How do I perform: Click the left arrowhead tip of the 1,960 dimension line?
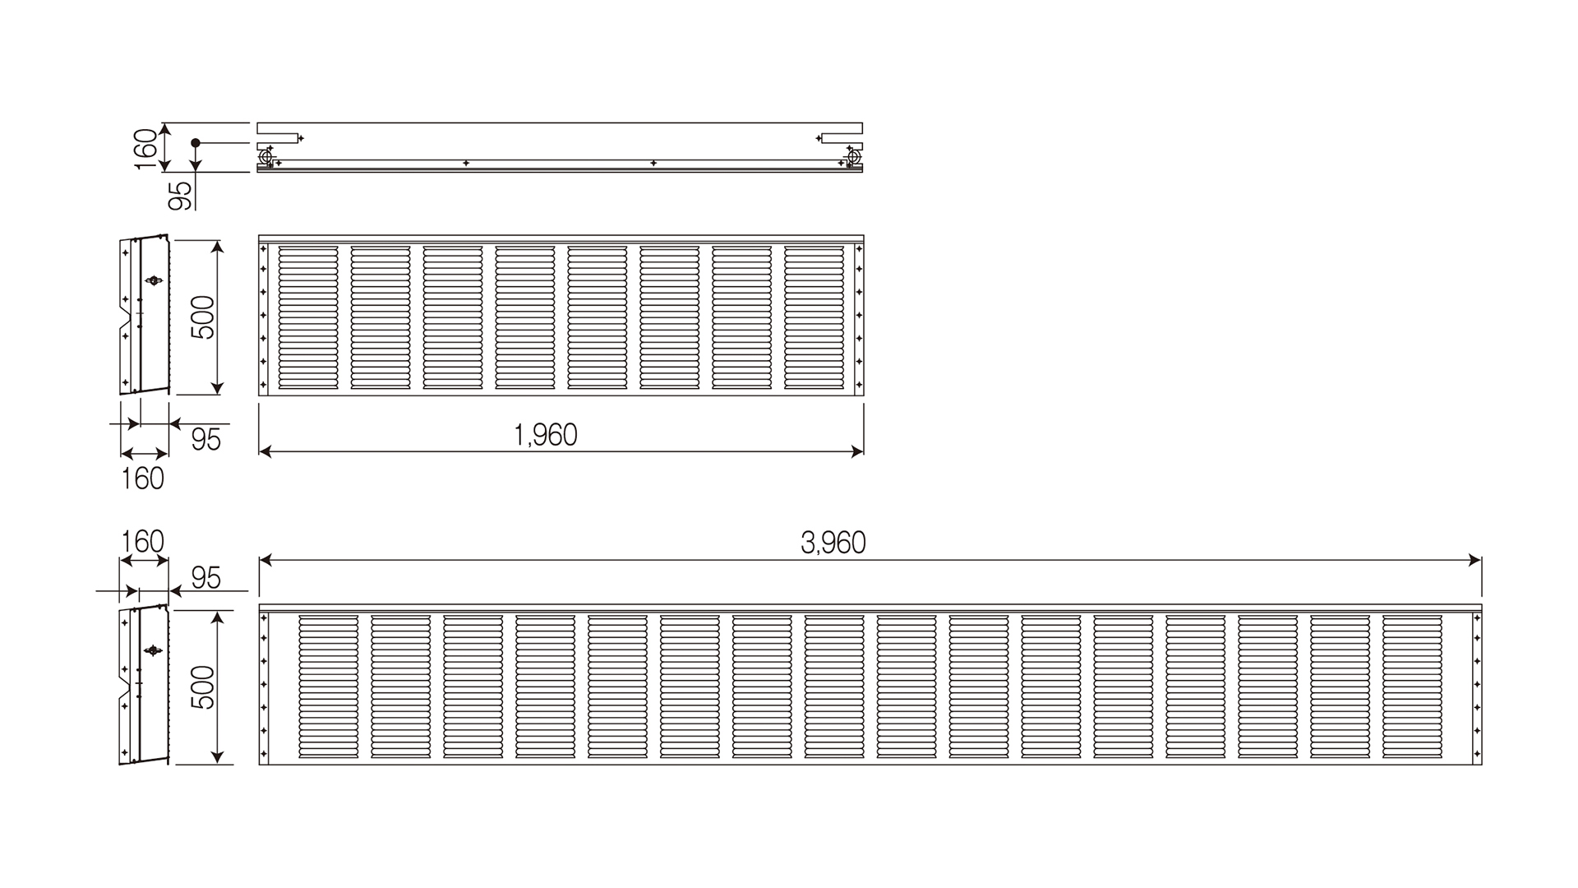260,451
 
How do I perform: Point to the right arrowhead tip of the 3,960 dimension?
1481,561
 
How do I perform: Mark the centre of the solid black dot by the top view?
196,143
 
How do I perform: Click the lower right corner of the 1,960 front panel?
864,395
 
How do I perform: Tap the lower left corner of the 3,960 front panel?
260,765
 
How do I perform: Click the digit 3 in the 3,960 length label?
809,543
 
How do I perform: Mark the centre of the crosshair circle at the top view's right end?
853,156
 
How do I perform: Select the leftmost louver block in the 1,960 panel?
308,317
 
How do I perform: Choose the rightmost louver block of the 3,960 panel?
1412,686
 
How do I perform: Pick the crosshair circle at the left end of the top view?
266,156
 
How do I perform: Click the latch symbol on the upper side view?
153,280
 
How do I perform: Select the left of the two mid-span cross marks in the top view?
466,163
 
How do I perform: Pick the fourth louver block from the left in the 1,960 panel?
525,317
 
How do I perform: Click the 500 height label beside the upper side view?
202,317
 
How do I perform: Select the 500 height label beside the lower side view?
202,687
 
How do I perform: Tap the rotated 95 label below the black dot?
180,195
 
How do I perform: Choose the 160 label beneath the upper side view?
143,479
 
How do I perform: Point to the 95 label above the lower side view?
206,578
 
